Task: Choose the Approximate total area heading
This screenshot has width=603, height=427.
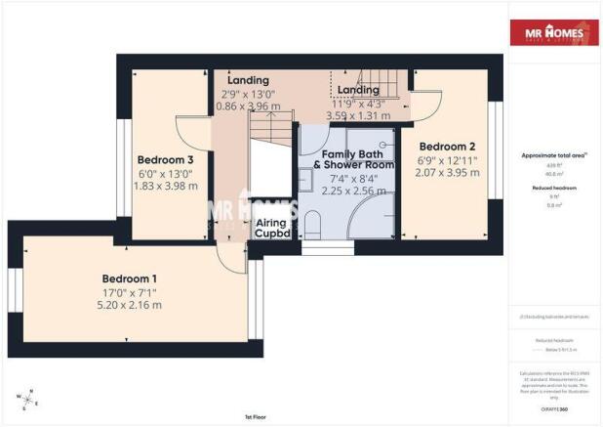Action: point(553,156)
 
